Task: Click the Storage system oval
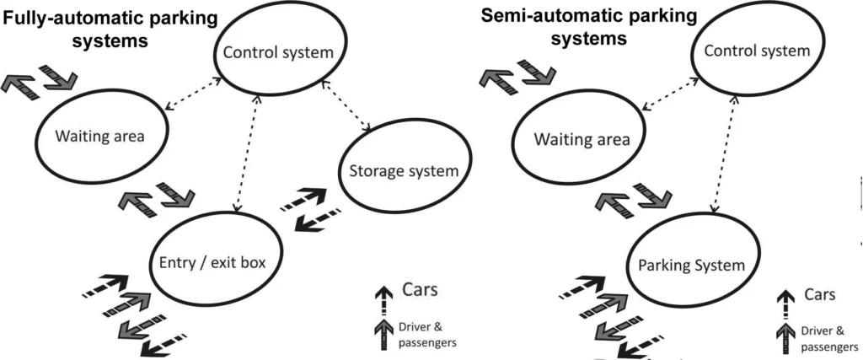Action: click(403, 172)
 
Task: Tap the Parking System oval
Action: click(703, 265)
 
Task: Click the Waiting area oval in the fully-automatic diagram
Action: click(101, 135)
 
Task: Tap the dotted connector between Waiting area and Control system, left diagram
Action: click(193, 94)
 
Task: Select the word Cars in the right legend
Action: click(819, 295)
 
